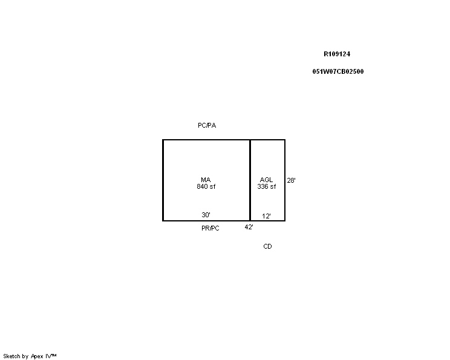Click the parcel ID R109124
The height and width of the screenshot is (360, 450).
pos(337,54)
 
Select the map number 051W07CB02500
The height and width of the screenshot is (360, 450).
pos(338,71)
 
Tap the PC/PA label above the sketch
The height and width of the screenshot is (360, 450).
pos(207,125)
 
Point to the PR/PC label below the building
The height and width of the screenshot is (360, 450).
pos(210,228)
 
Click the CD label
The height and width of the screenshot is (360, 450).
pos(267,246)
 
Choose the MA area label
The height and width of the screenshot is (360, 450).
pos(206,180)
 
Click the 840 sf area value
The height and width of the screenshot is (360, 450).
pos(206,186)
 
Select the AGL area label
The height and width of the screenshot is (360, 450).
pos(266,180)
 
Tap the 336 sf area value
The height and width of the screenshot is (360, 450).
pos(267,186)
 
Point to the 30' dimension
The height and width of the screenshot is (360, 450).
pos(206,215)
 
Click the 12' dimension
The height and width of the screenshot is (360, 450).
pos(266,216)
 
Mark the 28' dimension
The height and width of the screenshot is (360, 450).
pos(292,180)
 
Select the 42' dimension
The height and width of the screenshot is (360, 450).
pos(249,227)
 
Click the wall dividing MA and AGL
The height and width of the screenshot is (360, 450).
pos(250,180)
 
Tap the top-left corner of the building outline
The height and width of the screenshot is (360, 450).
pos(163,140)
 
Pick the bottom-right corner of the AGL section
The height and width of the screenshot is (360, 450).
pos(285,221)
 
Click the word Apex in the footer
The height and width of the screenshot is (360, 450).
pos(37,356)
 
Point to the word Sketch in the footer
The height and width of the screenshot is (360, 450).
pos(11,356)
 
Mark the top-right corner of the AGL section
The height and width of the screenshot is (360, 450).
pos(285,140)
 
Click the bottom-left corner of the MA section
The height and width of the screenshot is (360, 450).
pos(163,221)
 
